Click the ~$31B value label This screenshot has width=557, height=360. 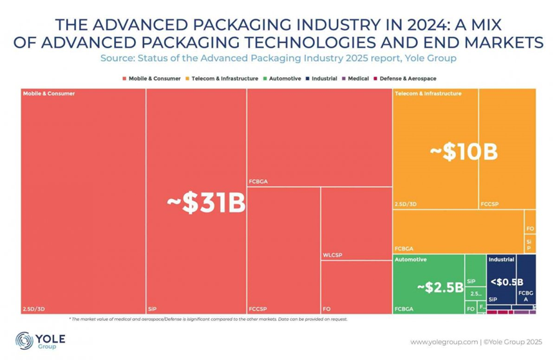point(206,204)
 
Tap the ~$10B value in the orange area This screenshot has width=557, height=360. point(464,153)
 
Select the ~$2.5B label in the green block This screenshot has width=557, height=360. point(440,287)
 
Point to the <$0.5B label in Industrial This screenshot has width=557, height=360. point(506,281)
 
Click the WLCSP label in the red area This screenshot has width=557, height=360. point(332,255)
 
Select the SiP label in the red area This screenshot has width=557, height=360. point(153,309)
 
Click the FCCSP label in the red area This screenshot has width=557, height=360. point(258,309)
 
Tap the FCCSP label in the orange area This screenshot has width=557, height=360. point(489,204)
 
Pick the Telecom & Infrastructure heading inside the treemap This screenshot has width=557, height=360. point(428,94)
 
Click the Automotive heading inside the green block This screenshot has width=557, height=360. point(410,260)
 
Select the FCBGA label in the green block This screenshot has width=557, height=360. point(404,309)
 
